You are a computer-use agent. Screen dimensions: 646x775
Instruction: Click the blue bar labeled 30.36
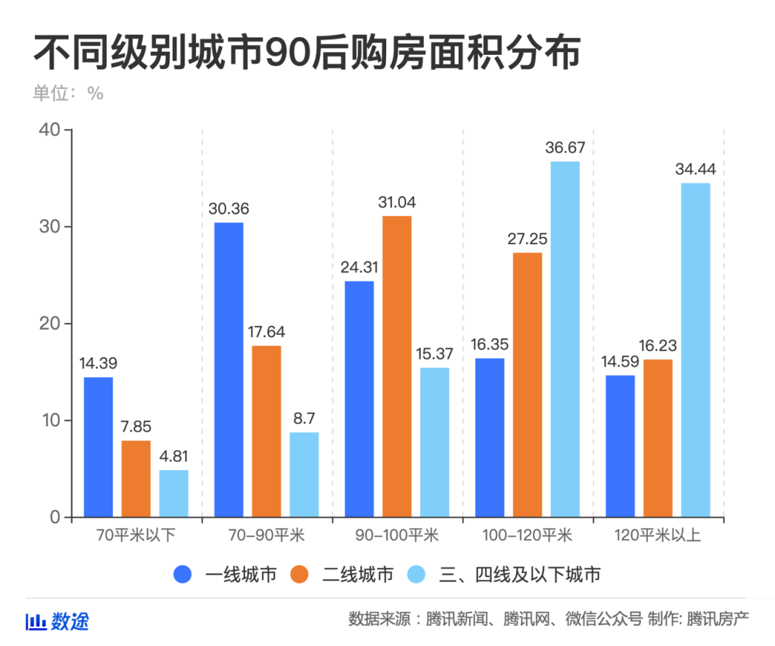pyautogui.click(x=229, y=369)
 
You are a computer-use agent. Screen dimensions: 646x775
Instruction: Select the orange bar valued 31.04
pyautogui.click(x=397, y=366)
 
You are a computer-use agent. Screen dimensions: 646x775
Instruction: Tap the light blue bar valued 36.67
pyautogui.click(x=565, y=339)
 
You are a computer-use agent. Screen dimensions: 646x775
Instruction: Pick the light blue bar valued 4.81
pyautogui.click(x=174, y=493)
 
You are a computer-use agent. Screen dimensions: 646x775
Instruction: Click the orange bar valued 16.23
pyautogui.click(x=658, y=438)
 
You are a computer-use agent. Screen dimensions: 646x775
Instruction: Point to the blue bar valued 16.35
pyautogui.click(x=490, y=438)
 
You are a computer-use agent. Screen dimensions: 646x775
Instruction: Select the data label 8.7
pyautogui.click(x=304, y=418)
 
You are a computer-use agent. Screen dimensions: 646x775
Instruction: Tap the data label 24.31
pyautogui.click(x=359, y=267)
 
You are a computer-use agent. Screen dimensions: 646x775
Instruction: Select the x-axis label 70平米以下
pyautogui.click(x=136, y=535)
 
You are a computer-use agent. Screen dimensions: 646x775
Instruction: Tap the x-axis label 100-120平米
pyautogui.click(x=527, y=535)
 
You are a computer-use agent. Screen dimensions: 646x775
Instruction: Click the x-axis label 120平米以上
pyautogui.click(x=658, y=535)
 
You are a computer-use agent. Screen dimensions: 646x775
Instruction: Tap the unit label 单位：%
pyautogui.click(x=67, y=93)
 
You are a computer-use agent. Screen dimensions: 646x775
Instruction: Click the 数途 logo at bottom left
pyautogui.click(x=58, y=621)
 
